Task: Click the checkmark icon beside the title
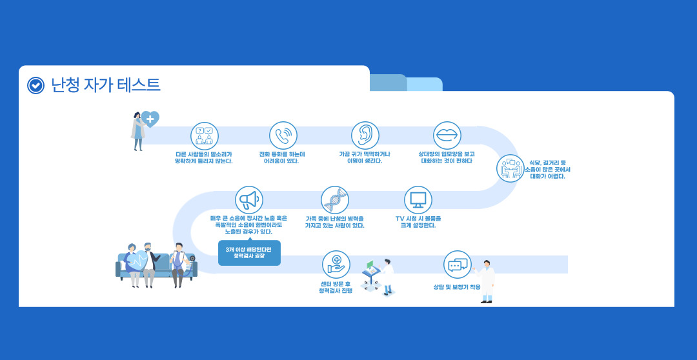(x=35, y=85)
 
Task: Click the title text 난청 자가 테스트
(x=105, y=85)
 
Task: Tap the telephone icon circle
(x=283, y=135)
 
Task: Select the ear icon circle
(x=365, y=135)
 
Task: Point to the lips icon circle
(x=447, y=135)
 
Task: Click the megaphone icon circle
(x=249, y=200)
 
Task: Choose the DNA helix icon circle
(x=335, y=200)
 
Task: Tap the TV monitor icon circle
(x=418, y=200)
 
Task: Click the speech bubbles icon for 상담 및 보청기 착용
(x=458, y=265)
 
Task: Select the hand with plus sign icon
(x=336, y=265)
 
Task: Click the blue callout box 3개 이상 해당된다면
(x=249, y=252)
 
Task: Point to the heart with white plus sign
(x=150, y=119)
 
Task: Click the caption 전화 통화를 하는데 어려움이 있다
(x=282, y=157)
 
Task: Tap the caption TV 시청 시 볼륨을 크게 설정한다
(x=418, y=222)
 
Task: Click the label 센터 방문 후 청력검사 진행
(x=336, y=286)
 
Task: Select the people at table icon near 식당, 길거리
(x=510, y=168)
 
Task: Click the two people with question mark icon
(x=205, y=135)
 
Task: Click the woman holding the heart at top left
(x=138, y=131)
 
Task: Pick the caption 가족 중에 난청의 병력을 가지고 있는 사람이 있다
(x=335, y=222)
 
